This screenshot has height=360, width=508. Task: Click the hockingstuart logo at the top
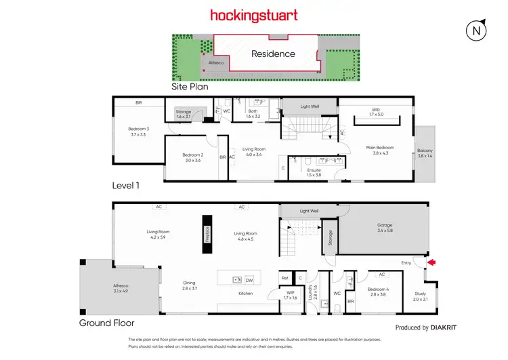click(253, 15)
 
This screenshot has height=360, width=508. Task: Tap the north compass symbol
click(477, 31)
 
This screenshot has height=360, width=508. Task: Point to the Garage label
click(385, 226)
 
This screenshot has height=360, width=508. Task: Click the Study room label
click(420, 294)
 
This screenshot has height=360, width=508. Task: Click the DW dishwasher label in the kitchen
click(249, 279)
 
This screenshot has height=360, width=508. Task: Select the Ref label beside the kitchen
click(284, 278)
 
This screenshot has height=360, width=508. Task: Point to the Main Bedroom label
click(380, 148)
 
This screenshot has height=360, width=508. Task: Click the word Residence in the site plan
click(273, 54)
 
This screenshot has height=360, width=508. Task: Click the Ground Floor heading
click(106, 323)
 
